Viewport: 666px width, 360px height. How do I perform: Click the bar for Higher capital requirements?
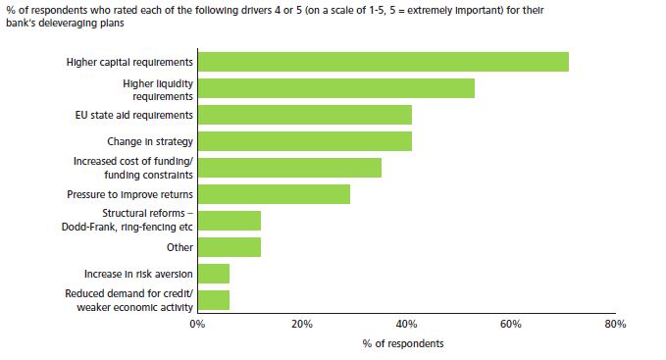pos(383,62)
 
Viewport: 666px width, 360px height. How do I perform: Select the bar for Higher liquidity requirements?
pos(335,88)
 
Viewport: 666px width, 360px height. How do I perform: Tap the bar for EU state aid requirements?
pos(304,115)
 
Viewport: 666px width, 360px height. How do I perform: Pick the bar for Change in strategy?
pos(304,141)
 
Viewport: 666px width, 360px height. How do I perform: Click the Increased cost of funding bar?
pos(289,168)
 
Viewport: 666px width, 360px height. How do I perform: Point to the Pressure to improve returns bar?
pos(274,194)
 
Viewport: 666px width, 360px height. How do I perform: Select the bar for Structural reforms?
pos(229,220)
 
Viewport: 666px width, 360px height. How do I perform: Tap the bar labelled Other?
pos(229,246)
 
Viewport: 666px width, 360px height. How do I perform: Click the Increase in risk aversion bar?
pos(213,273)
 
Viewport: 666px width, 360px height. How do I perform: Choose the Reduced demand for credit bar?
pos(213,299)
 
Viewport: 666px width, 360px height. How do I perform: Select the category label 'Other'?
pos(179,247)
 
